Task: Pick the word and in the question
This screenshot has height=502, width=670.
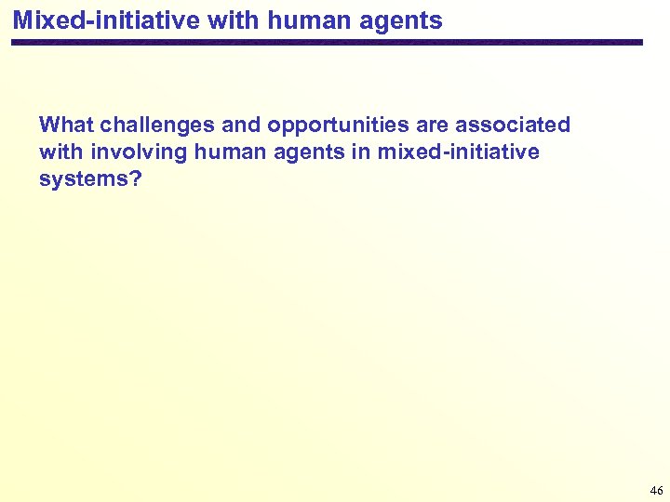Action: [241, 125]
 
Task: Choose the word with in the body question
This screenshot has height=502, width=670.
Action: [61, 152]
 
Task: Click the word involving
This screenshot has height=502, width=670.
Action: [137, 152]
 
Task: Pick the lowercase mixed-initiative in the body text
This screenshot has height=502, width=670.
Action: [459, 152]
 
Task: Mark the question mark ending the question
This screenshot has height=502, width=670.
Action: [136, 178]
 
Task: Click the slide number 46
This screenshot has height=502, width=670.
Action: [656, 490]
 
